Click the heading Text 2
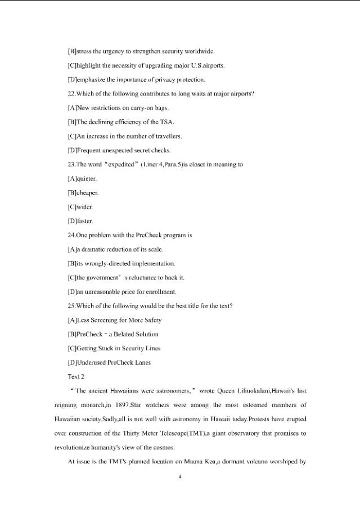click(76, 376)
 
